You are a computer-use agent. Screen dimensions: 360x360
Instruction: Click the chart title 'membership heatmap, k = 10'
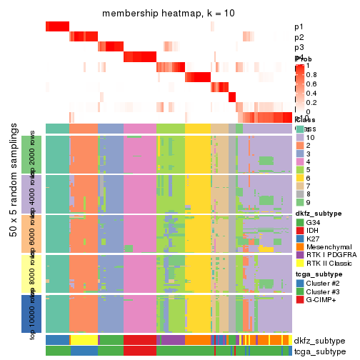(x=169, y=14)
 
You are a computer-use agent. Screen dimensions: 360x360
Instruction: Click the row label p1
(x=299, y=27)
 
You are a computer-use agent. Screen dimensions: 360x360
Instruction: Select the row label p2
(x=299, y=37)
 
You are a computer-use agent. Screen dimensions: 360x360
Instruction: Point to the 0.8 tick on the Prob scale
(x=312, y=74)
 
